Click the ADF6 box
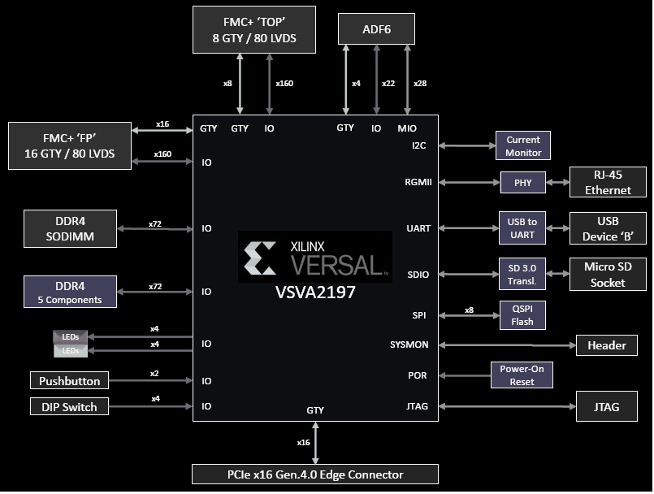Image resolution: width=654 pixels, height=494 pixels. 376,30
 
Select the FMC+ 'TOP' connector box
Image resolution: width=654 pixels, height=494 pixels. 253,29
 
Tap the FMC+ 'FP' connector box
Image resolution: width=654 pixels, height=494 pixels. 69,145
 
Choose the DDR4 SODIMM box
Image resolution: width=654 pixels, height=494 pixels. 70,228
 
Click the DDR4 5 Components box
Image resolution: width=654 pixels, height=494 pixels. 70,292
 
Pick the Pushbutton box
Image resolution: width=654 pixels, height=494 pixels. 70,380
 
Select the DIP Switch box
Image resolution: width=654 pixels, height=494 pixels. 70,406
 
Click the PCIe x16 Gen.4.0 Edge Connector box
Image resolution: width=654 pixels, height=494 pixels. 314,474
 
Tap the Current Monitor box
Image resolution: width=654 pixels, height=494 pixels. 522,146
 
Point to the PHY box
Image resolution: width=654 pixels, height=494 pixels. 522,183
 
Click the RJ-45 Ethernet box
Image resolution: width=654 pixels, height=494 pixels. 607,182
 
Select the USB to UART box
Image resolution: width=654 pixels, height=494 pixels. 522,228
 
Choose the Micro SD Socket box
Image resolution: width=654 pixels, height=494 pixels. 607,275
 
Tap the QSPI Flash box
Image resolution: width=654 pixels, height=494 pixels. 522,315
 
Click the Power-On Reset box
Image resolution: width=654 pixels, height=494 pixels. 522,375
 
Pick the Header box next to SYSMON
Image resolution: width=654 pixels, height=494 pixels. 607,345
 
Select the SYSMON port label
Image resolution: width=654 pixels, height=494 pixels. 409,345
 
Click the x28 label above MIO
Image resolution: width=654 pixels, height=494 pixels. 420,83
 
